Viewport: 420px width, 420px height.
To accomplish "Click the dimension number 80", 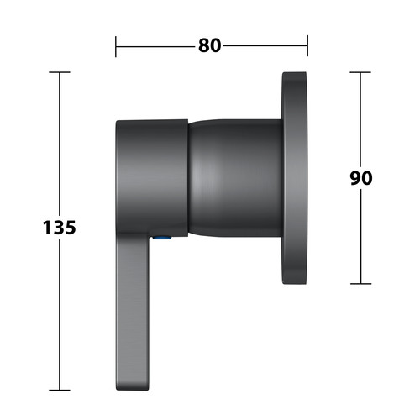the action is (x=210, y=45).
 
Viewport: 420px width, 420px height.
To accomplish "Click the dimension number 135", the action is (x=60, y=228).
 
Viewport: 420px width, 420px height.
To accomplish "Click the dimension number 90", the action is (x=361, y=178).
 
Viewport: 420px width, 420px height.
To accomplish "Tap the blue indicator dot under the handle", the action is (x=162, y=238).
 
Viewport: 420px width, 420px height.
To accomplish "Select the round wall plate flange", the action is (x=295, y=178).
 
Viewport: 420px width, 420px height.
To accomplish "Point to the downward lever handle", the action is (x=132, y=311).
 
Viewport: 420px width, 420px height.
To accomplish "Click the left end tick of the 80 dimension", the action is (x=116, y=46).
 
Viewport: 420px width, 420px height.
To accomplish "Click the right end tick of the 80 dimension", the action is (x=307, y=45).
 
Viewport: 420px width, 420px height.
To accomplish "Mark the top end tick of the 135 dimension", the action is (x=60, y=72).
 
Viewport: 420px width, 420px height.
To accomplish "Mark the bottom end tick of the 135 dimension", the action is (x=60, y=390).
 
